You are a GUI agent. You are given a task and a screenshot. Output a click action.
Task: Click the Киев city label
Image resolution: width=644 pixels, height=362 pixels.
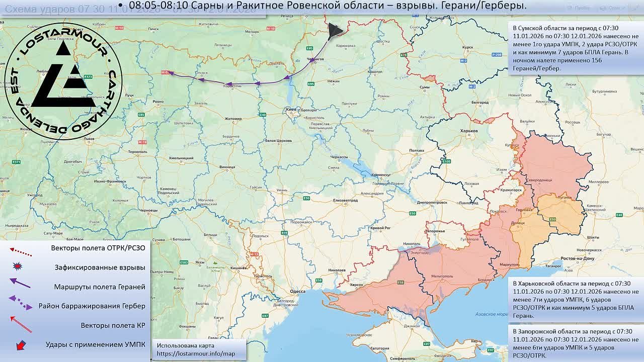tap(291, 109)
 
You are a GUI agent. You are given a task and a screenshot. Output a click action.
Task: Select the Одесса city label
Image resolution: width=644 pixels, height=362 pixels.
tap(298, 291)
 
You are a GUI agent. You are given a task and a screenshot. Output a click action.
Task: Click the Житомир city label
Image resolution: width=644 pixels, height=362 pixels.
tap(233, 119)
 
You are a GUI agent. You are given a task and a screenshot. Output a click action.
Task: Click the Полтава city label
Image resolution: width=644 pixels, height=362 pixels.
tap(417, 150)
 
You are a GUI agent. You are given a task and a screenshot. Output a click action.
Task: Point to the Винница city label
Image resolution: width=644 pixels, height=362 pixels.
tap(227, 166)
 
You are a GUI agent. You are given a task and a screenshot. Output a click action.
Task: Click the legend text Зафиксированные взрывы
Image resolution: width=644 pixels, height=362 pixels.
tap(100, 267)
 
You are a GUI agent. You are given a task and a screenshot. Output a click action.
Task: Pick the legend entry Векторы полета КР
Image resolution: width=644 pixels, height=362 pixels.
tap(113, 325)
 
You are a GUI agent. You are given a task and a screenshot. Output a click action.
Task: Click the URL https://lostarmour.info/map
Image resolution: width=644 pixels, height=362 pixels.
tap(196, 354)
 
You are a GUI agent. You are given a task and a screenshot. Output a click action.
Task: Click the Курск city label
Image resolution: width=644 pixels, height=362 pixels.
tap(467, 48)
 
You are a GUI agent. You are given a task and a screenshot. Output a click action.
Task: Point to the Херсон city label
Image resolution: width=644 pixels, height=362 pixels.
tap(356, 285)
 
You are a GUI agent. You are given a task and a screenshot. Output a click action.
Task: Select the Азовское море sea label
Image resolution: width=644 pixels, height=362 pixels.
tap(492, 314)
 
